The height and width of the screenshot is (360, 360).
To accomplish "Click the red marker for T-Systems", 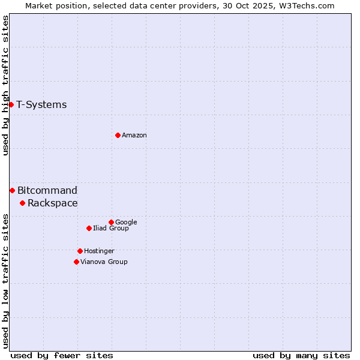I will [11, 104].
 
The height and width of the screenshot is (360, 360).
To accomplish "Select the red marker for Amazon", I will [118, 135].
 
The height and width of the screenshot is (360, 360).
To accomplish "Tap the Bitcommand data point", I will [12, 190].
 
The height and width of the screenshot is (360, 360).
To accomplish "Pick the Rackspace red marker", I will [22, 203].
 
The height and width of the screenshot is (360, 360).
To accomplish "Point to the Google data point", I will [111, 222].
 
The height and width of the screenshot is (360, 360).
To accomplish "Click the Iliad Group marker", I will [89, 228].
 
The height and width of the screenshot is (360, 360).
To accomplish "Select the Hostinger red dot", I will [80, 251].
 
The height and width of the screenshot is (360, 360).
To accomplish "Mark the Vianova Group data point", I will [76, 262].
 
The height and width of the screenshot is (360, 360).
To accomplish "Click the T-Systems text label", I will [41, 104].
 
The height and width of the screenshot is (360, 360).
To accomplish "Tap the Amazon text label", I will [134, 135].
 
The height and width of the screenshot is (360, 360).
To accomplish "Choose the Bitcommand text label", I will [47, 190].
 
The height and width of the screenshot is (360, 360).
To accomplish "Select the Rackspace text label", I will [53, 203].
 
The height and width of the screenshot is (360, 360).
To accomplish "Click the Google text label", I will [126, 222].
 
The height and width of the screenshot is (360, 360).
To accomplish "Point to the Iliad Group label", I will [111, 228].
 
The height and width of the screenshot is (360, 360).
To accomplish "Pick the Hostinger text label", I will [99, 251].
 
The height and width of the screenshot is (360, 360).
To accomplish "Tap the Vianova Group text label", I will [104, 262].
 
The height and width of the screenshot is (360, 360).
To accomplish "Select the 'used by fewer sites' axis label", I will [62, 355].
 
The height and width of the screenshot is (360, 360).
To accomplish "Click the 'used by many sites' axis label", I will [301, 355].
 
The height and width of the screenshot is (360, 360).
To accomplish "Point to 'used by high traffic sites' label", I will [5, 85].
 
